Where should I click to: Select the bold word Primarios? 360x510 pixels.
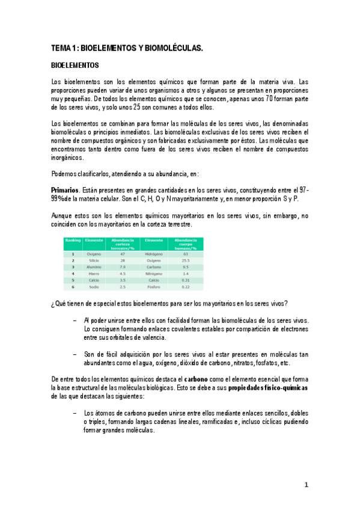[65, 189]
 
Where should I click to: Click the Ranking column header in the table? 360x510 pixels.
[73, 240]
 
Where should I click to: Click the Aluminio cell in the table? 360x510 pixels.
[94, 267]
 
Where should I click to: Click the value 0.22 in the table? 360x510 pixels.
[186, 287]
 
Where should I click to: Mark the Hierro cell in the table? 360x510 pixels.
[94, 274]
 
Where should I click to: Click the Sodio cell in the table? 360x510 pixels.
[94, 287]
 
